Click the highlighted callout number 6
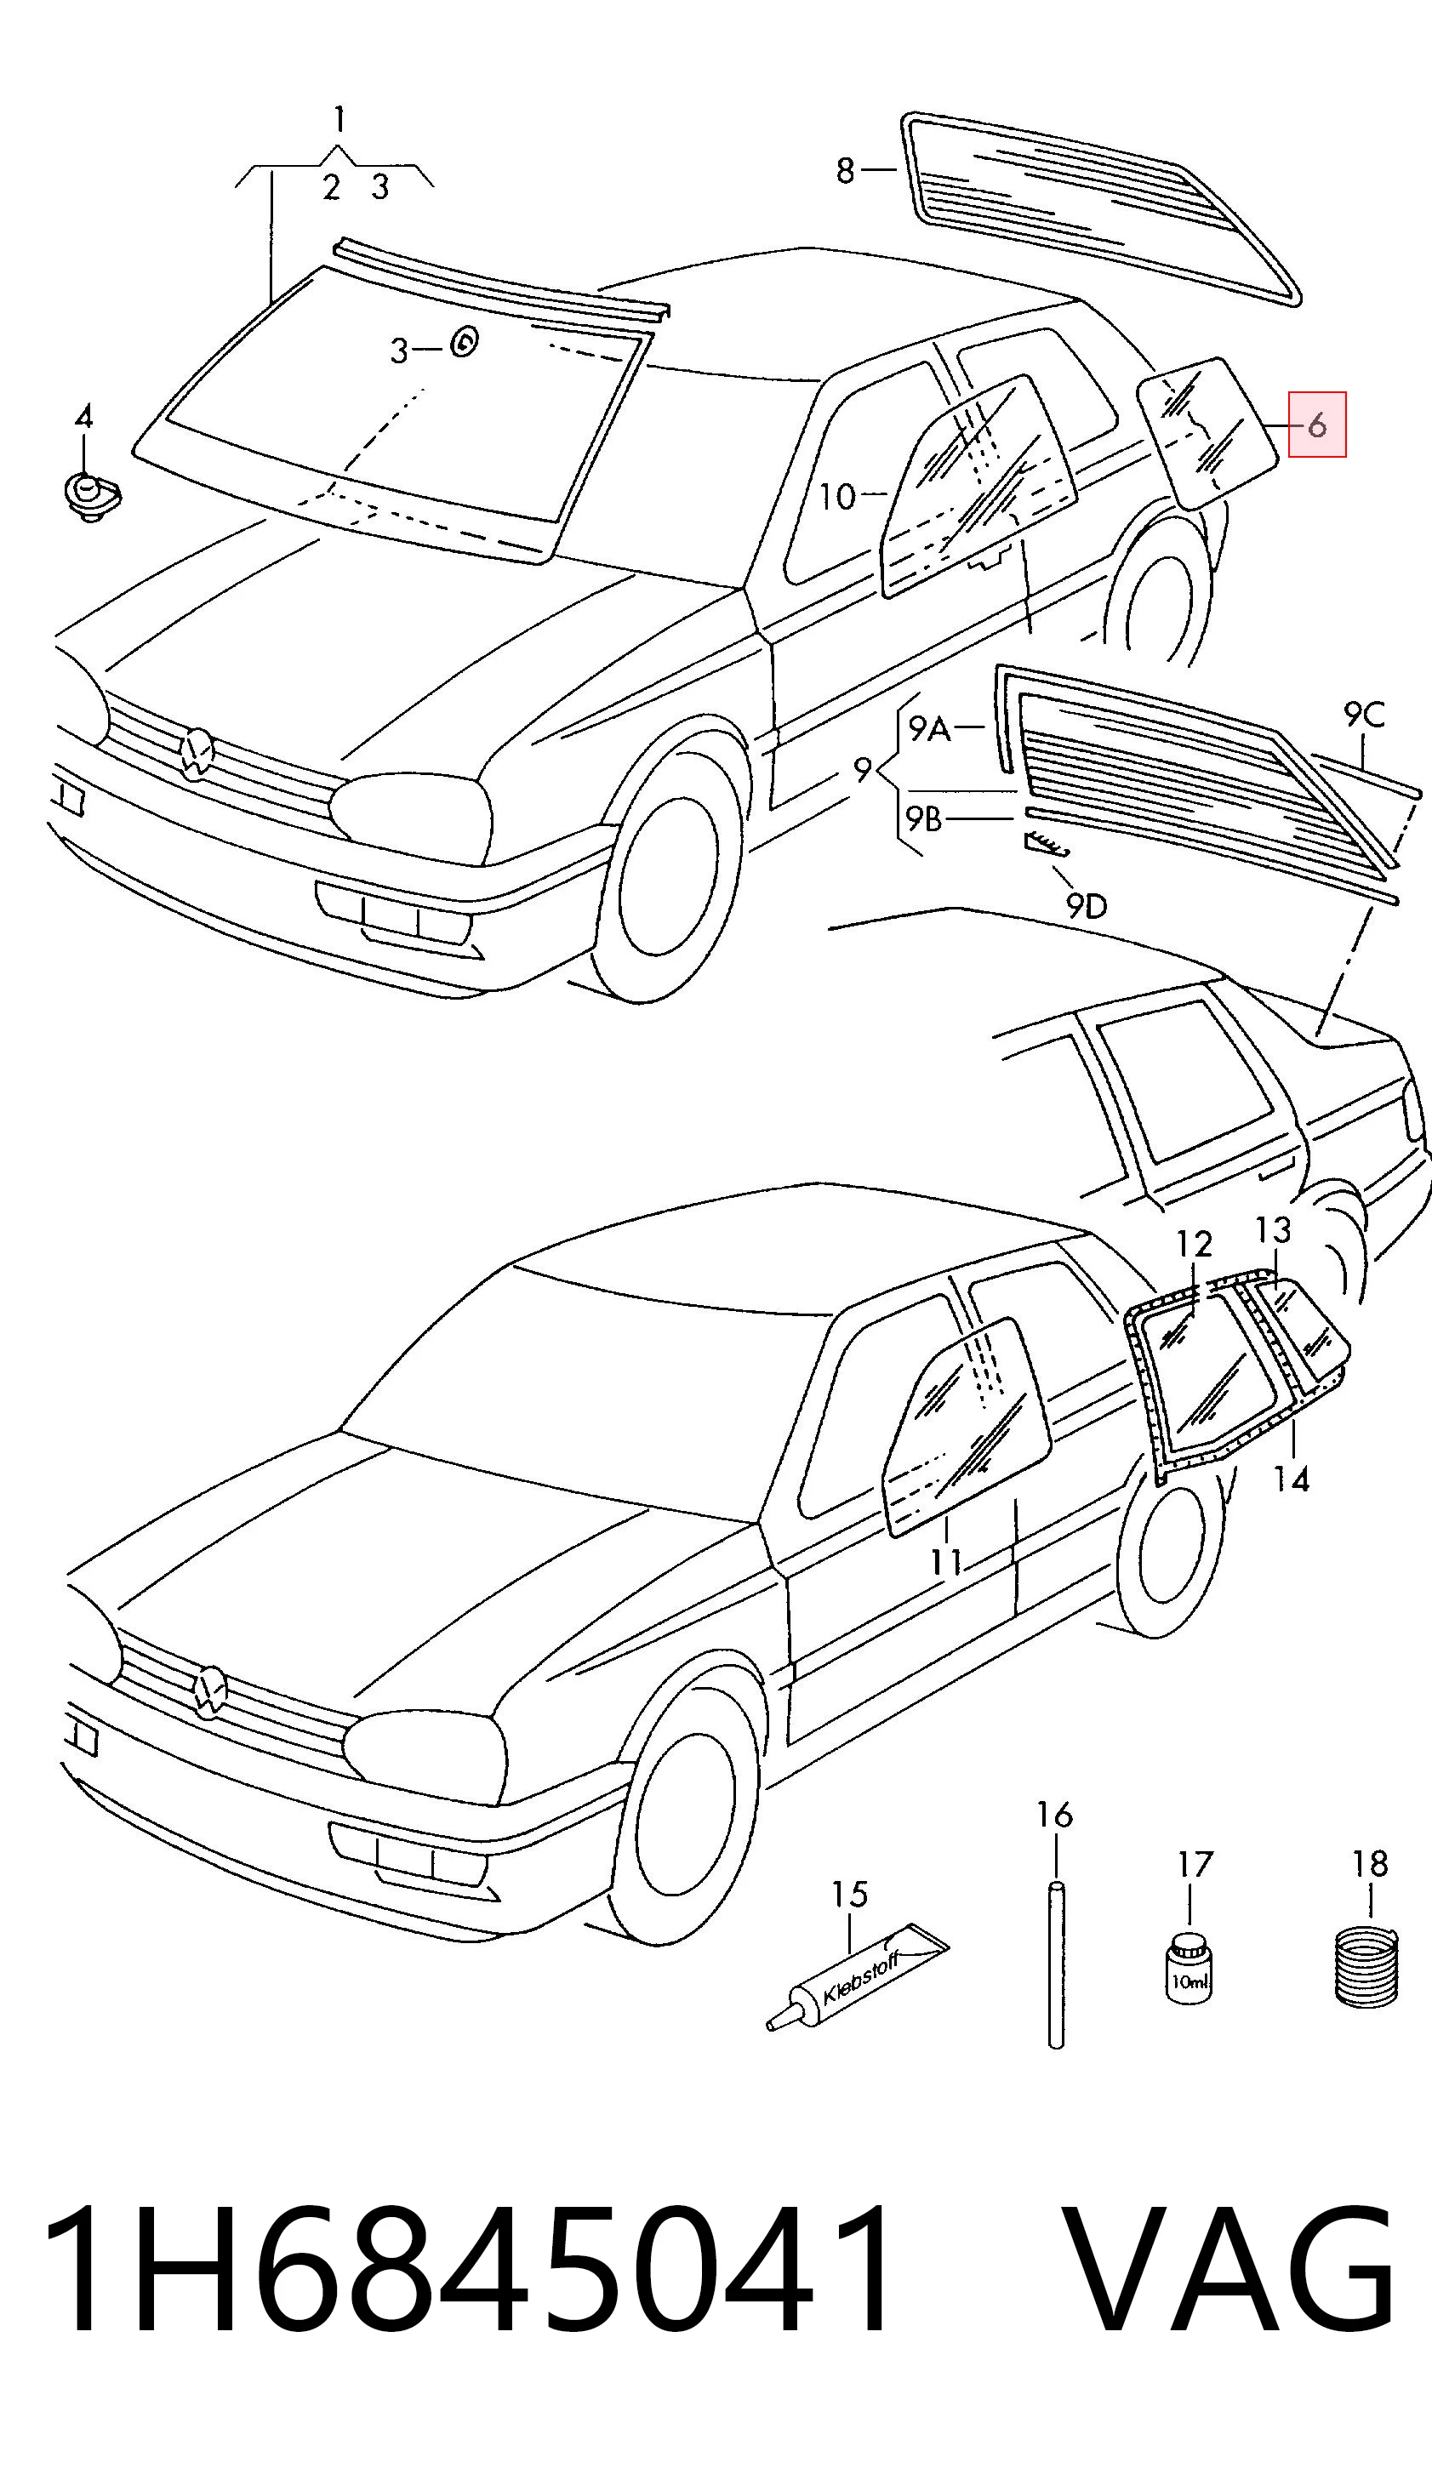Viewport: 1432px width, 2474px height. pos(1316,425)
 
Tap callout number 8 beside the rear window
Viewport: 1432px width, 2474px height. pos(845,171)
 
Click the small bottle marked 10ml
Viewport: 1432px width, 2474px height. pos(1189,1969)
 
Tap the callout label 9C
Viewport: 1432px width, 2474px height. pos(1364,714)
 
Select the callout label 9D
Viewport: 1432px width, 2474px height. pos(1086,905)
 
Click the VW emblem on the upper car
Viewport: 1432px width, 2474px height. pos(198,752)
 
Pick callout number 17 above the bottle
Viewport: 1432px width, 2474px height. pos(1195,1863)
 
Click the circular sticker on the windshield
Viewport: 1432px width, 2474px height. pos(464,342)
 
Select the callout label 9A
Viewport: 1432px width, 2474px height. pos(928,728)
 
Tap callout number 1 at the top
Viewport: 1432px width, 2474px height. pos(339,120)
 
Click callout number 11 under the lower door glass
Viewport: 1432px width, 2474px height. pos(946,1561)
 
